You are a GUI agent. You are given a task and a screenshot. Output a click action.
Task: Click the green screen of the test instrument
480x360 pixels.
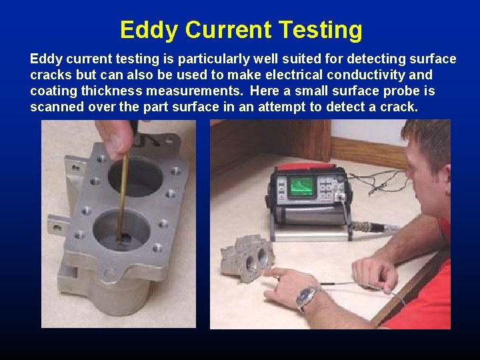[x=301, y=187]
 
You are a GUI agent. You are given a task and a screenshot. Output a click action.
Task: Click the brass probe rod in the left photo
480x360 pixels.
[x=123, y=193]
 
